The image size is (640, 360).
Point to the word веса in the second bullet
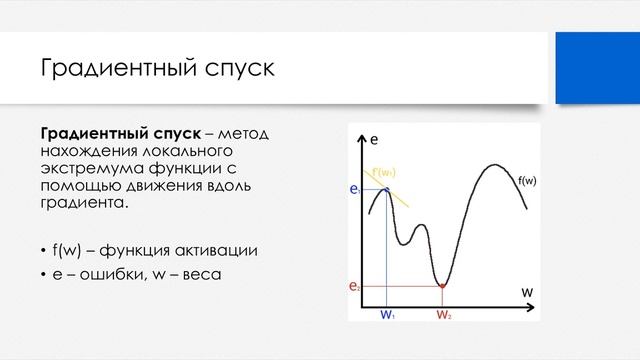click(x=201, y=274)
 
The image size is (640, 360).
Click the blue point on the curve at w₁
click(x=387, y=189)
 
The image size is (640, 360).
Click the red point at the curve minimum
click(x=442, y=287)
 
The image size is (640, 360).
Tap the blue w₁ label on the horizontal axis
click(x=387, y=313)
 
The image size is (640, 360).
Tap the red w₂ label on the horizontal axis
click(x=443, y=313)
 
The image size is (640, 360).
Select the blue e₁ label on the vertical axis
click(x=354, y=188)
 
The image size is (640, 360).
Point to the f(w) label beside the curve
click(x=526, y=181)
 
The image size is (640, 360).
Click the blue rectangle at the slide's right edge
click(x=597, y=68)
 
